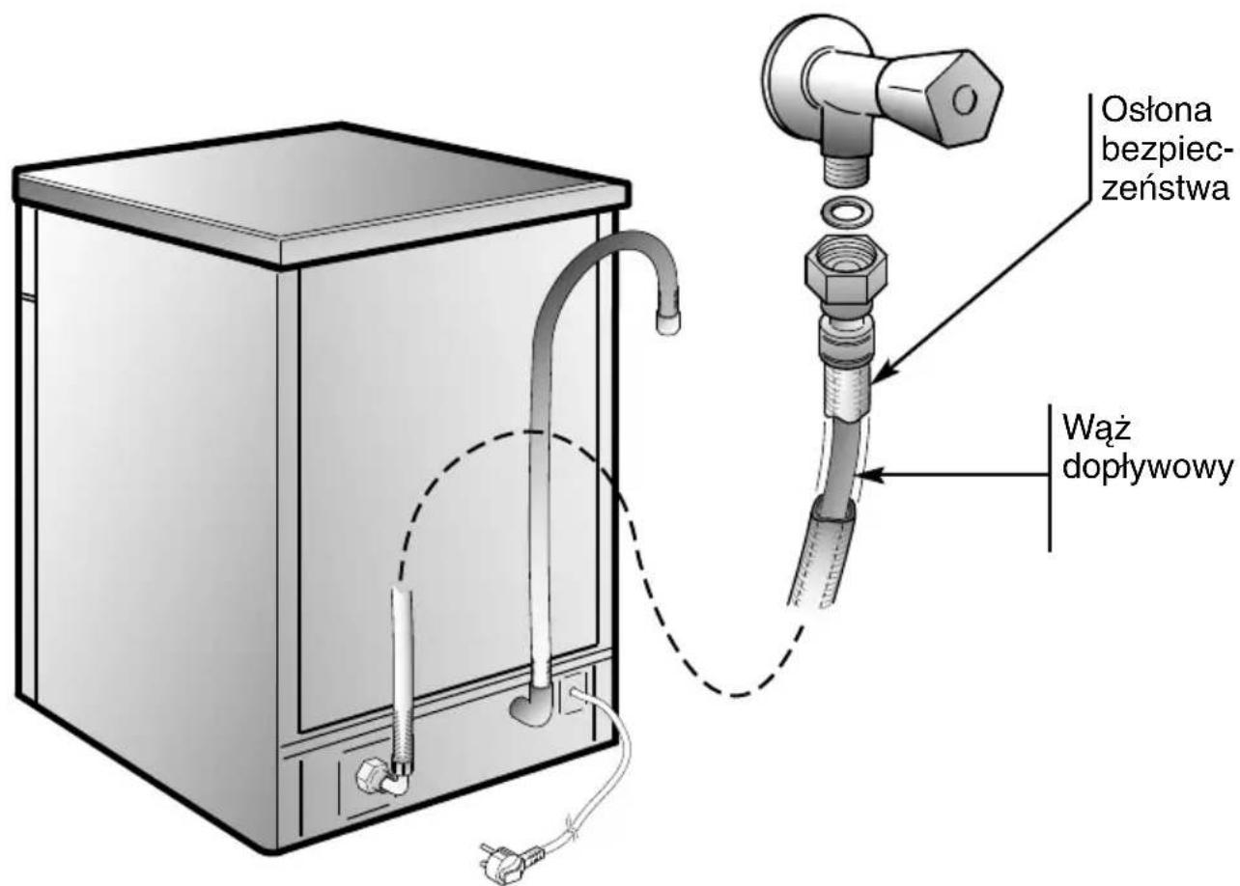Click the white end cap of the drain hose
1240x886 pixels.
point(667,323)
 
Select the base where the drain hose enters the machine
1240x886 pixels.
point(528,709)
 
